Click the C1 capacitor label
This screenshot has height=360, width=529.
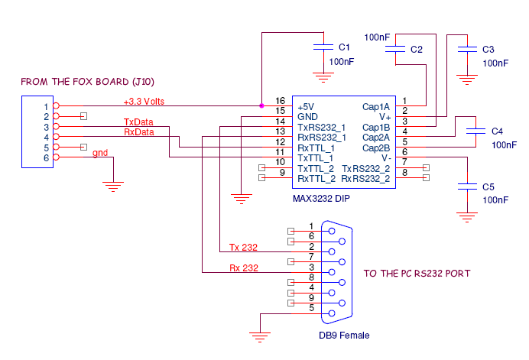[344, 47]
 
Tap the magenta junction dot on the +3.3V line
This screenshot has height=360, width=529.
[261, 105]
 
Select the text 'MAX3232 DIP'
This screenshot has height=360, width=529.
[321, 199]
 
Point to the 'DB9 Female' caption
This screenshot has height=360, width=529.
[344, 336]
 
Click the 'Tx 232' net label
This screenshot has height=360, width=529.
[243, 248]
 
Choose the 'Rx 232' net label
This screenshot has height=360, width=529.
[244, 268]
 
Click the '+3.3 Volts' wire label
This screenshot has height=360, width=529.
[144, 102]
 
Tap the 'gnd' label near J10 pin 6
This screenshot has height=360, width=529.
[100, 153]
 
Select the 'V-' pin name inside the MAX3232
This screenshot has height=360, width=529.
[386, 158]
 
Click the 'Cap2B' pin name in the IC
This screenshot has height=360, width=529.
[376, 148]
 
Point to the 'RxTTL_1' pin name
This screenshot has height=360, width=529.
[316, 148]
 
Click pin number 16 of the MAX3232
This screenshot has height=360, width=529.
[280, 101]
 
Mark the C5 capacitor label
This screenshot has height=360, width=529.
[488, 187]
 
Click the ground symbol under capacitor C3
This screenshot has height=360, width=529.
[467, 80]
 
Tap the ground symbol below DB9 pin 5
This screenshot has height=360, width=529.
[260, 337]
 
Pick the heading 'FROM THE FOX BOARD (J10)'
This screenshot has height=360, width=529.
[88, 82]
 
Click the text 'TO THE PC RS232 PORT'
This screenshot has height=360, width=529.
[417, 274]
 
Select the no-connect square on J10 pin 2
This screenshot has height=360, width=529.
[83, 116]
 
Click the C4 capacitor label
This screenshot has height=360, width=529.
[498, 131]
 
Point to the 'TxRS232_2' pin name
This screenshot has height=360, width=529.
[365, 168]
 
